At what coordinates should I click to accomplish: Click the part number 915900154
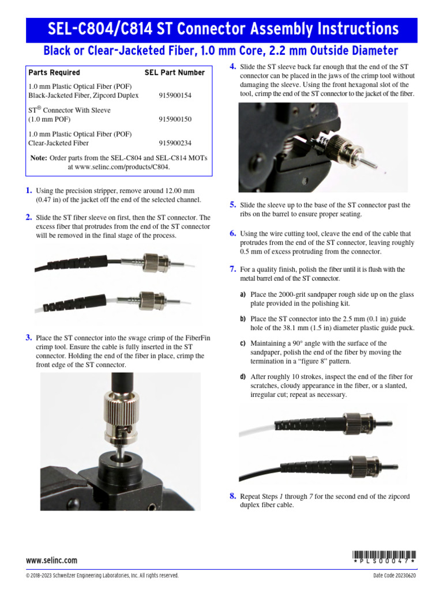175,96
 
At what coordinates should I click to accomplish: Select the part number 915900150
175,119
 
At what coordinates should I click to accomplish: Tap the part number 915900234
175,143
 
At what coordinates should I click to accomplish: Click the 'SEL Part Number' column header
174,73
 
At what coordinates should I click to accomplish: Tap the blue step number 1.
29,191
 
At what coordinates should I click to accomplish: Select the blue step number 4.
233,66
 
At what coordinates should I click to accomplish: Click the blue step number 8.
233,496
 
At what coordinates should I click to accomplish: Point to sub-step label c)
243,343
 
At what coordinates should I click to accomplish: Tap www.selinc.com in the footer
51,561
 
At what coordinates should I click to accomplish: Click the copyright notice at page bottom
102,576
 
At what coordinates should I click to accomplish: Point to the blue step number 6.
233,233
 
